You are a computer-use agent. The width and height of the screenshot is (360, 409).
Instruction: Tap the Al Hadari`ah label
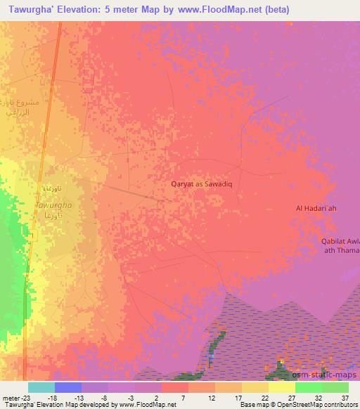tap(316, 208)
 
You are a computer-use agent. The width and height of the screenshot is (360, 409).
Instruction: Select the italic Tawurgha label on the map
tap(52, 205)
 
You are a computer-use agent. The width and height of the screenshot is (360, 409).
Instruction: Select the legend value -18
tap(52, 397)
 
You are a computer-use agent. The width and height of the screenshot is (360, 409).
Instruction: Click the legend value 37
tap(344, 397)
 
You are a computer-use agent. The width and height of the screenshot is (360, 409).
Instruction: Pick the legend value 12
tap(211, 397)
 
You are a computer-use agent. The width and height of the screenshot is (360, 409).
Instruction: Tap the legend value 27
tap(291, 397)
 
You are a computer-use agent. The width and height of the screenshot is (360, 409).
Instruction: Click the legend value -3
tap(131, 397)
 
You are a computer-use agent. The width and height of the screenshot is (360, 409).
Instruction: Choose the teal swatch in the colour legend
tap(41, 387)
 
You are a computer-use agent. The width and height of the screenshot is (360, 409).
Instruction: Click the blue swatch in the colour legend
tap(68, 387)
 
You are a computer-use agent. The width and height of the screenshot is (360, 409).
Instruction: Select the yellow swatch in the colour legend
tap(282, 387)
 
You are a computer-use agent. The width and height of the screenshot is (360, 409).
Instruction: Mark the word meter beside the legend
tap(10, 397)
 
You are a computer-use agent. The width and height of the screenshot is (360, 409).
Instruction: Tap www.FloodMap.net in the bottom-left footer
tap(147, 405)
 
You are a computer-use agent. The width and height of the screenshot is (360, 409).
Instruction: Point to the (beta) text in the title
tap(272, 10)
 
